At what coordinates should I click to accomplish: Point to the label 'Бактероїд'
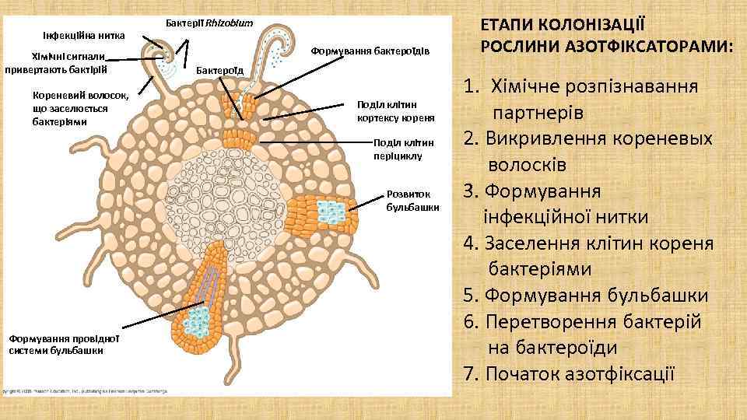coord(220,71)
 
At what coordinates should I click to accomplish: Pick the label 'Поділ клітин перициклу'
coord(398,149)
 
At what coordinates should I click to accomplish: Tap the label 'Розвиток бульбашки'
coord(412,201)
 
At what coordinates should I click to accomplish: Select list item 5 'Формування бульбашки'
coord(585,296)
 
